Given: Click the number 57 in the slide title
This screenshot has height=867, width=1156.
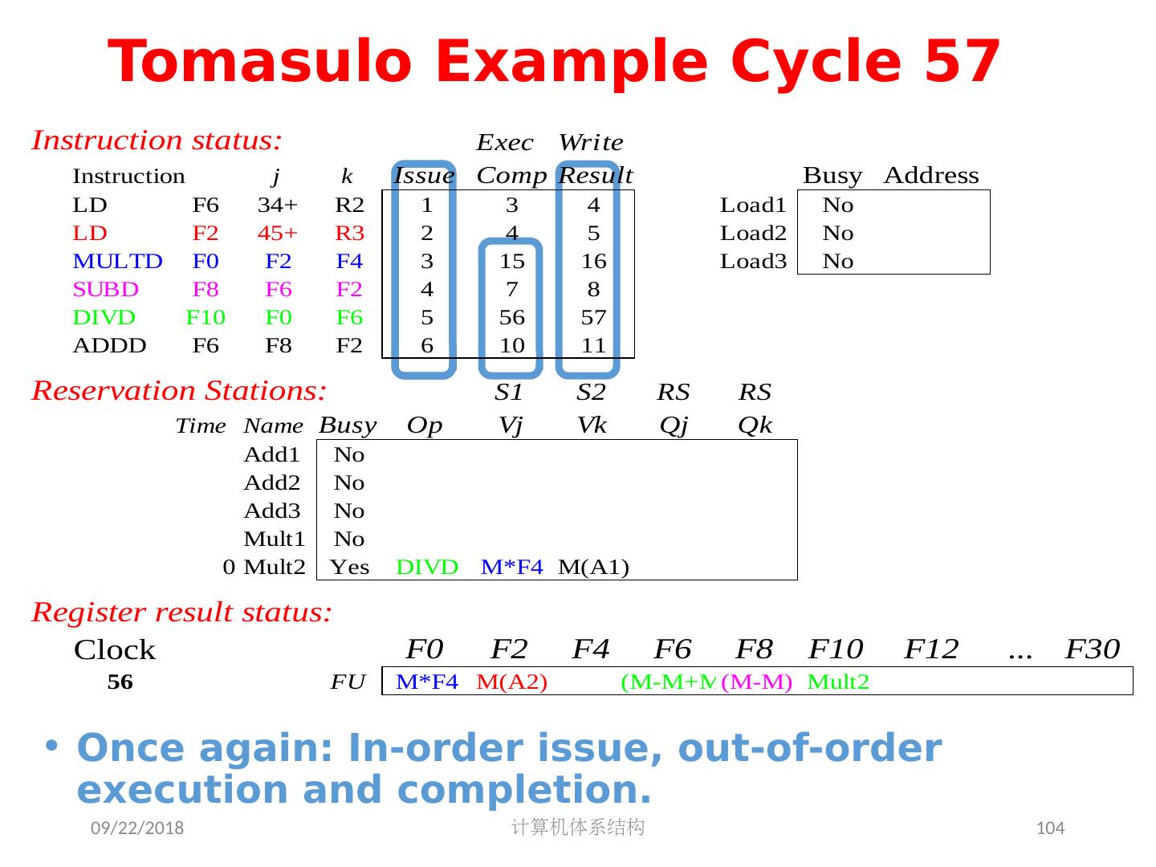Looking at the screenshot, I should (x=962, y=62).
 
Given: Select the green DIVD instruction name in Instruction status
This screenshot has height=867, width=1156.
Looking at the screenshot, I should (x=104, y=318).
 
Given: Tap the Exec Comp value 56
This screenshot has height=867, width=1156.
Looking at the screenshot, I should (x=511, y=318).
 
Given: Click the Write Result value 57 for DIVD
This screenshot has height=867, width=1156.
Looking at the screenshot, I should (x=593, y=318).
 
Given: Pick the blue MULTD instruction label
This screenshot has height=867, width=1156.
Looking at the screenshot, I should (x=117, y=262).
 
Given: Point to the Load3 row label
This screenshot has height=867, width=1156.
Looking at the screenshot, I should (x=753, y=262).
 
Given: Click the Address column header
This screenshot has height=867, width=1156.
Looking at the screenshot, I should (x=931, y=176).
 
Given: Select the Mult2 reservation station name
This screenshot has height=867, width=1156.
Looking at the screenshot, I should (x=275, y=568).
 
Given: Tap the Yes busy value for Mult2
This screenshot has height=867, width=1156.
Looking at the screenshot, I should (x=350, y=568).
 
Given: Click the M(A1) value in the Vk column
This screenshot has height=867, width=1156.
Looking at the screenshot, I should (x=593, y=568).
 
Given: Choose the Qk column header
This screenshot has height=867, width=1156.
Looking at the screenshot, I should (x=755, y=425).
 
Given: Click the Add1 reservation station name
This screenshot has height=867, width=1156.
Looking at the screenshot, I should (x=271, y=455).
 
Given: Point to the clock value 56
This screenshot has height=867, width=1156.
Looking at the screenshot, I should (x=120, y=682).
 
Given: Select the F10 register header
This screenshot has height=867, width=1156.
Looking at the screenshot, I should (x=836, y=649).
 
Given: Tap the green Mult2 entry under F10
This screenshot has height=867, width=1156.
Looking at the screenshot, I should (x=838, y=682).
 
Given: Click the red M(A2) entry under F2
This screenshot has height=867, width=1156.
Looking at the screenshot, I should (x=511, y=682).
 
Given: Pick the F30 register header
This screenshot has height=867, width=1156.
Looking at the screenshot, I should (x=1092, y=649).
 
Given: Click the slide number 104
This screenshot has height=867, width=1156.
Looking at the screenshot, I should (x=1051, y=828).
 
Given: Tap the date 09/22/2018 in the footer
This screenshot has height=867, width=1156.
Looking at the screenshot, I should (x=136, y=828).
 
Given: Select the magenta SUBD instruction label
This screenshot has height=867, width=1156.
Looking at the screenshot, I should (x=105, y=290).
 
